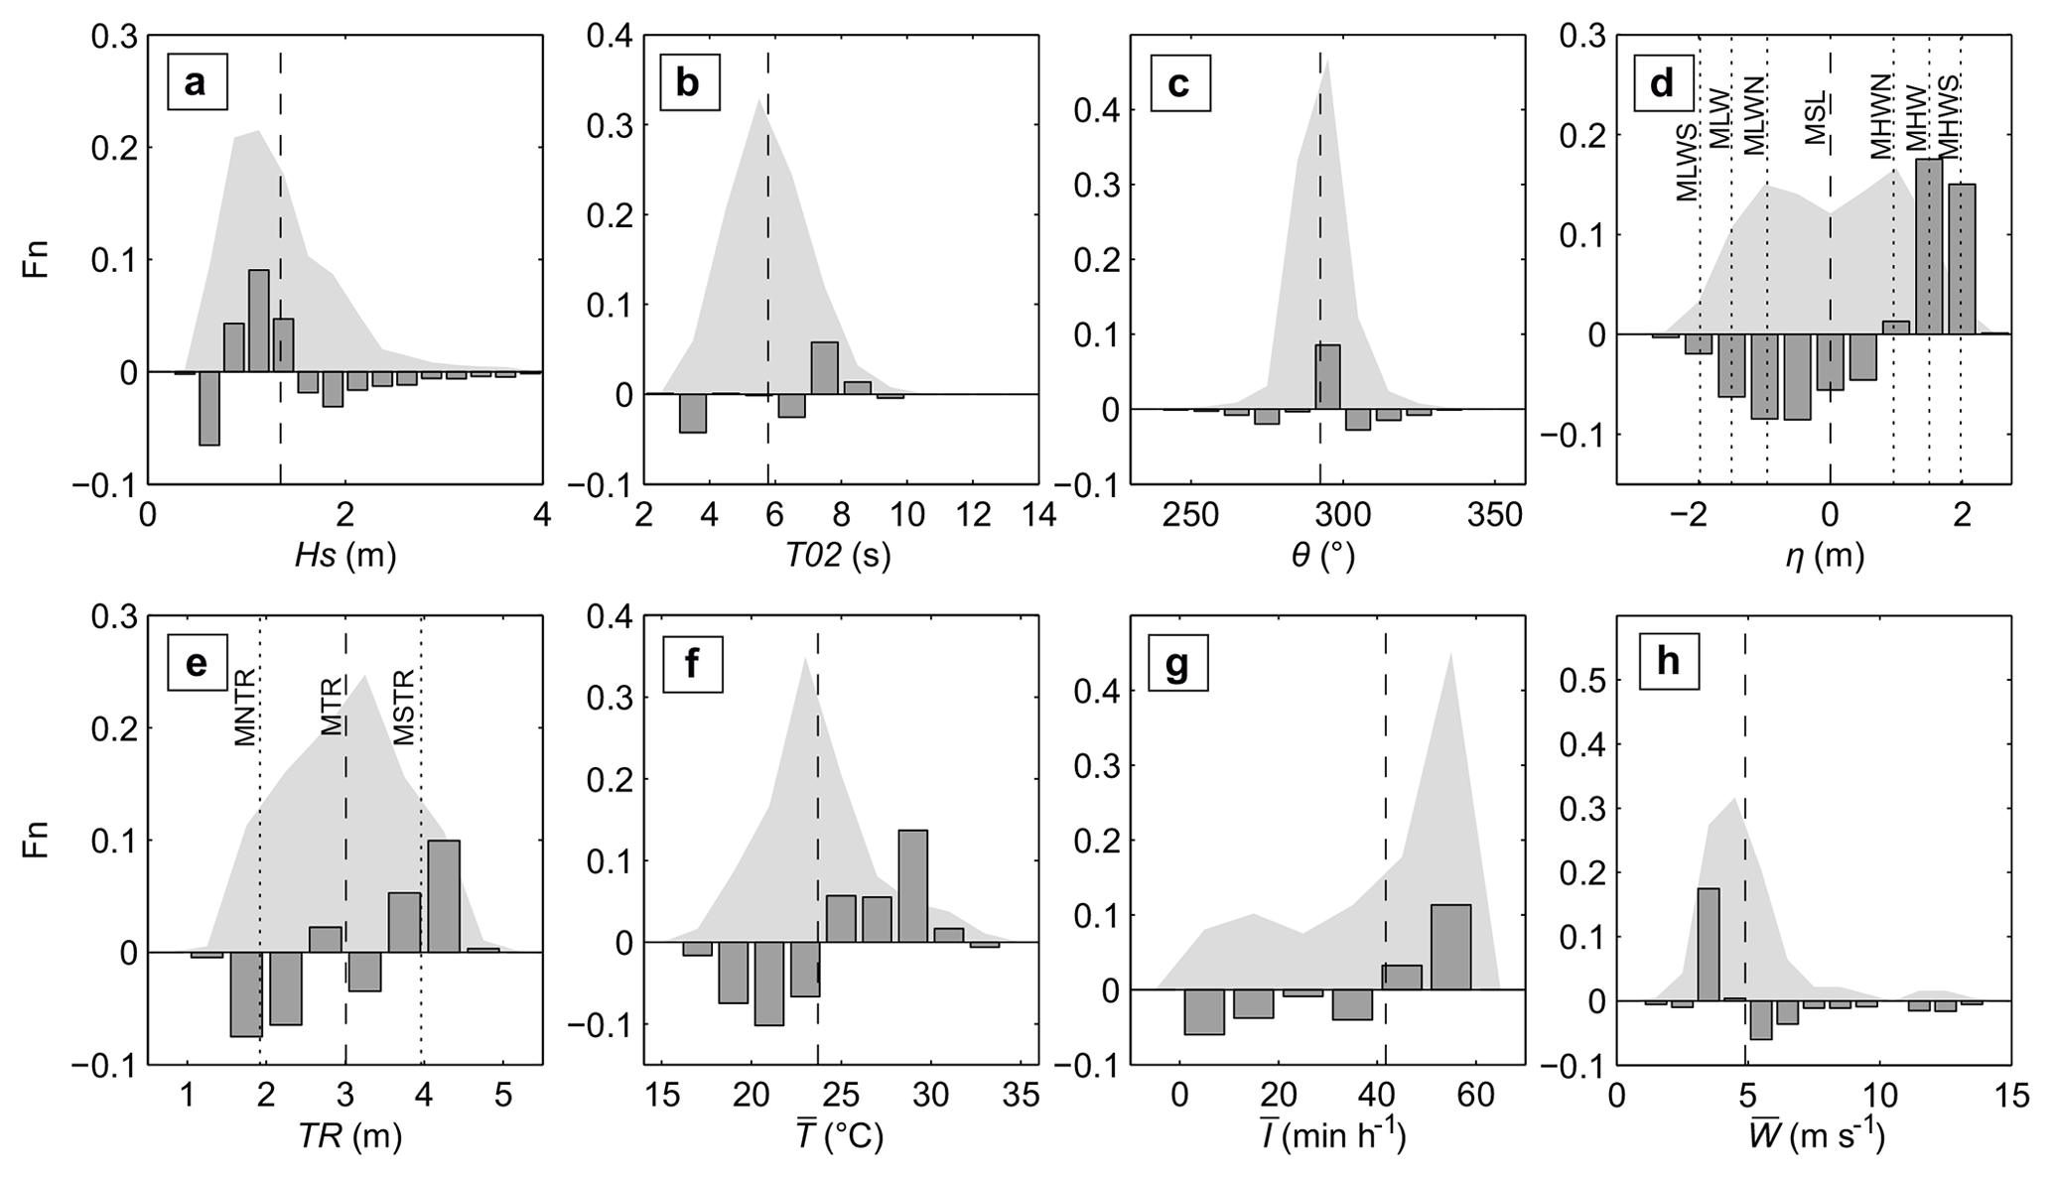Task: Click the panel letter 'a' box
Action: coord(196,82)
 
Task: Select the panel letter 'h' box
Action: coord(1668,662)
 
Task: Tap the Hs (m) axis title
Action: coord(344,556)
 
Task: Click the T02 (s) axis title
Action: coord(838,556)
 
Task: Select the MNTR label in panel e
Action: coord(245,708)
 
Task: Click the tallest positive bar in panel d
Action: coord(1929,246)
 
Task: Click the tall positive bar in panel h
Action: coord(1709,944)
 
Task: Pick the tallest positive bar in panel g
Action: coord(1450,947)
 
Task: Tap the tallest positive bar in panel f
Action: coord(912,885)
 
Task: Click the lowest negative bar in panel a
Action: coord(208,408)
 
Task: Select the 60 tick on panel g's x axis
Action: coord(1475,1096)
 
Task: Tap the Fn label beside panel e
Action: coord(38,840)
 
